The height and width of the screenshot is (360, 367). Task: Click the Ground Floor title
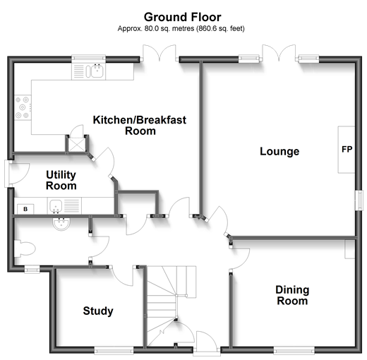(x=183, y=18)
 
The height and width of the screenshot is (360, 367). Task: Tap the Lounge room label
(x=279, y=151)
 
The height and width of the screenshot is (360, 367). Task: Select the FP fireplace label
(x=347, y=149)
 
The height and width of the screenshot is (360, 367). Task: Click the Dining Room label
(x=292, y=295)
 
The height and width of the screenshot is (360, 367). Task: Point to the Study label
(x=98, y=311)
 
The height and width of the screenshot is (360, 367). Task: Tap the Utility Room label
(x=61, y=180)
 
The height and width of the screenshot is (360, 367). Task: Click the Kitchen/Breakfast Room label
(x=140, y=126)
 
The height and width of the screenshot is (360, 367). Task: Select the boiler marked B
(x=25, y=209)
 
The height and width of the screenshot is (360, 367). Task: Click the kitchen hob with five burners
(x=23, y=107)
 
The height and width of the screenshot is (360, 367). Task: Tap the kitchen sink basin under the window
(x=97, y=71)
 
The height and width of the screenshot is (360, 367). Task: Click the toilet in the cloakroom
(x=25, y=248)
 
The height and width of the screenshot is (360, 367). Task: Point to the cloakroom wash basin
(x=61, y=224)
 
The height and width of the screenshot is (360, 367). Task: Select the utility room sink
(x=56, y=206)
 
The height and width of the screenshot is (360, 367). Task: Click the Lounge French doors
(x=279, y=53)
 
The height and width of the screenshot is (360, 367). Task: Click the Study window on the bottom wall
(x=114, y=352)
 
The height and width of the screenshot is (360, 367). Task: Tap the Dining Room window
(x=294, y=352)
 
